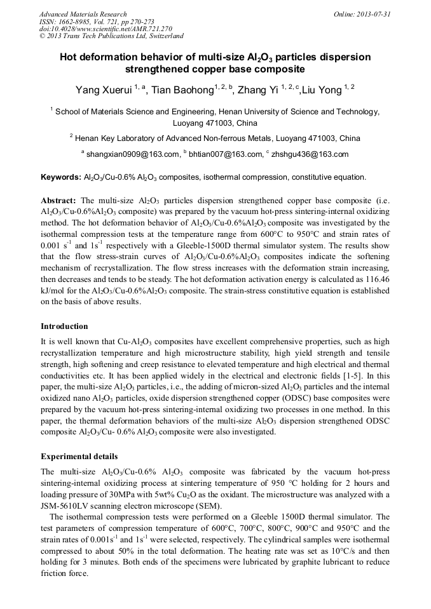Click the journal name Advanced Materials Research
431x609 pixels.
83,14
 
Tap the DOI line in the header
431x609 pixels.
106,29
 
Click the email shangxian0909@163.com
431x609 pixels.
133,154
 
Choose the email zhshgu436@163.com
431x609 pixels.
310,154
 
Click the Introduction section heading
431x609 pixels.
64,326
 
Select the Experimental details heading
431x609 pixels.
79,457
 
